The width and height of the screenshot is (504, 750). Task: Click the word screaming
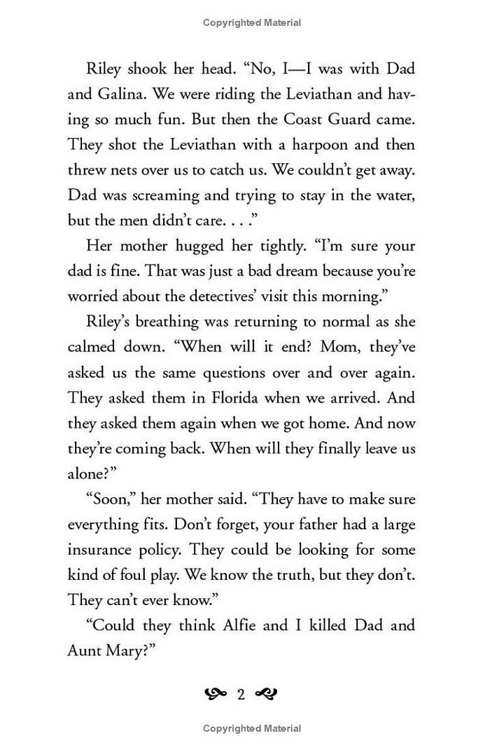pyautogui.click(x=181, y=195)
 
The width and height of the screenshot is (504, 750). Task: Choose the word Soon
pyautogui.click(x=110, y=499)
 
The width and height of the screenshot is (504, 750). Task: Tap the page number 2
pyautogui.click(x=241, y=695)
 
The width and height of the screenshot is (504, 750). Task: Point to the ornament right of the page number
pyautogui.click(x=267, y=695)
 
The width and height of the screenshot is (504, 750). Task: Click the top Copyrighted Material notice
pyautogui.click(x=252, y=22)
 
